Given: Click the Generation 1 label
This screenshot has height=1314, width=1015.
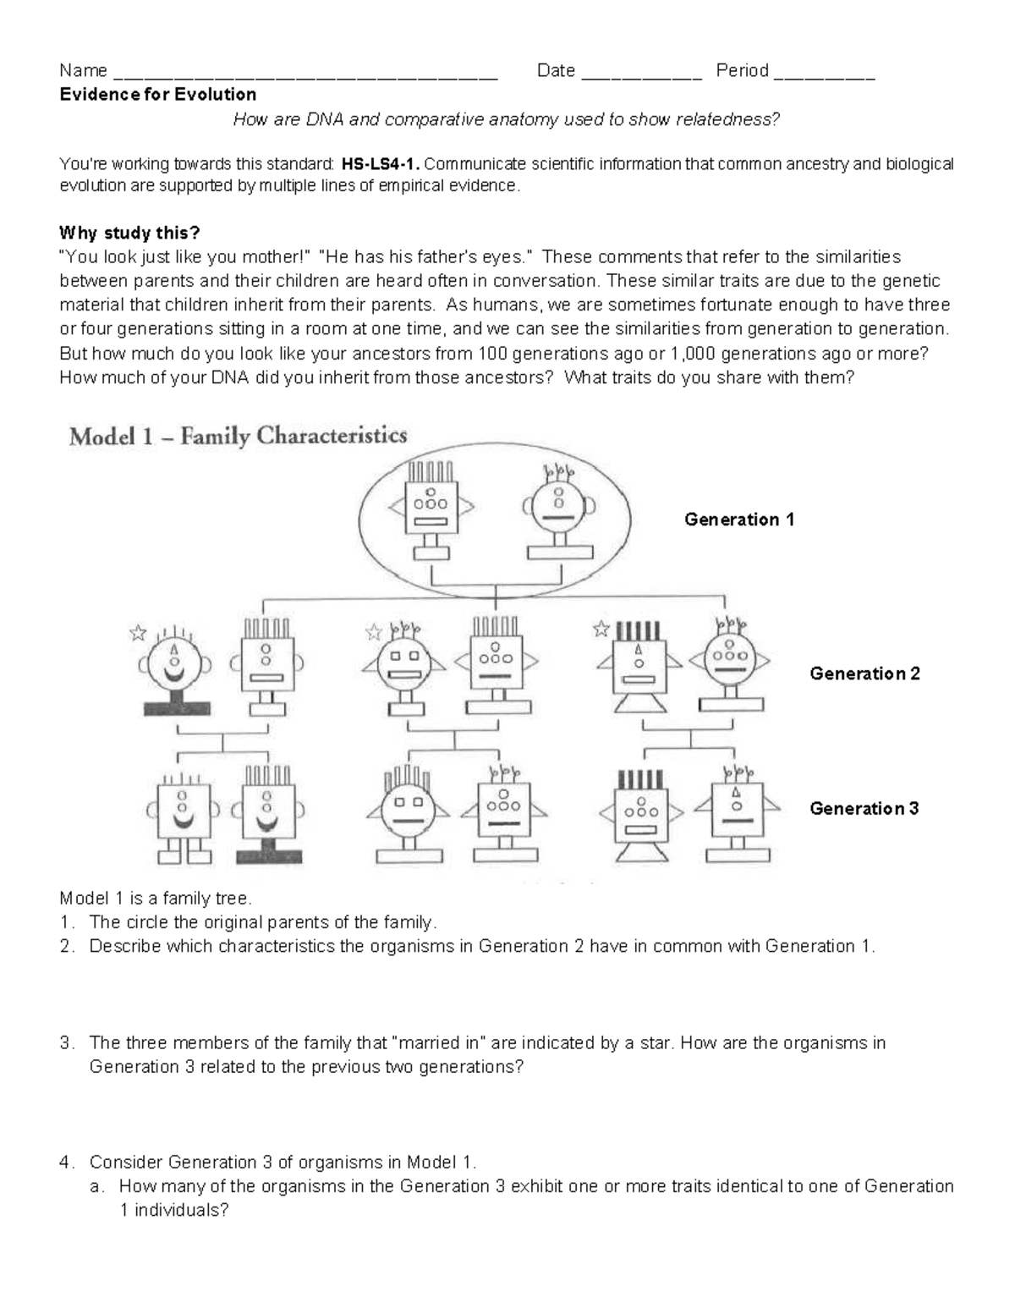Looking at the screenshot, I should [x=738, y=520].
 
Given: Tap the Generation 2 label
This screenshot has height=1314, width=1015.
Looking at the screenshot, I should [x=864, y=673].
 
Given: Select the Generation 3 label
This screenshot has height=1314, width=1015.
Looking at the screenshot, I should [x=864, y=808].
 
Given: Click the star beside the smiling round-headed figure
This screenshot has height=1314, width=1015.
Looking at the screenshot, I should [x=138, y=633].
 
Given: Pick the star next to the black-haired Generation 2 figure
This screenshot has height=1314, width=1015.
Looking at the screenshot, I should [x=601, y=629].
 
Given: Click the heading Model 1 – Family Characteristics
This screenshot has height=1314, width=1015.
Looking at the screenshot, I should [x=238, y=437].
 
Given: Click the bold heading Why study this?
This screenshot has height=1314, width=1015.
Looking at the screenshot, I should [x=129, y=233].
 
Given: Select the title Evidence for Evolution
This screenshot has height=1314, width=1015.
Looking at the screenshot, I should [x=157, y=94].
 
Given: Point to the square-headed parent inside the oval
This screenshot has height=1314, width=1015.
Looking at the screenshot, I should [x=431, y=510].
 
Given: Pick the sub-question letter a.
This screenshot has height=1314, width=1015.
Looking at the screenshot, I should [x=96, y=1186].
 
